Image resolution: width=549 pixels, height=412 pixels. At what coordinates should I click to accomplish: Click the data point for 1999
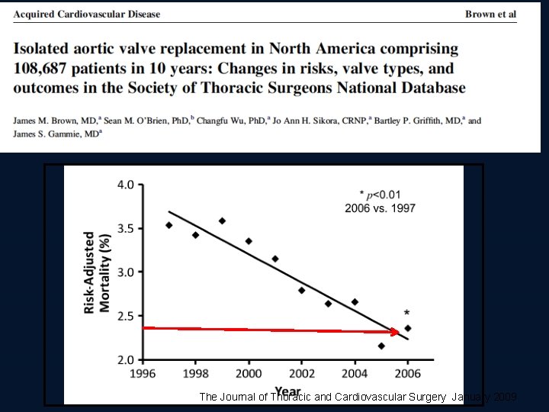pos(222,220)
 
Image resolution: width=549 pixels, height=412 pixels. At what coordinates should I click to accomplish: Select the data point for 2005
pos(381,346)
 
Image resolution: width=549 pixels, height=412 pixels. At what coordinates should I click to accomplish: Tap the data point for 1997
pos(169,225)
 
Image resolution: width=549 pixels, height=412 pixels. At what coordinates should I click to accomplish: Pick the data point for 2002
pos(301,290)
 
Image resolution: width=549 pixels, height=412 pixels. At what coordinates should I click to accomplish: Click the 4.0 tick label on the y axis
pos(124,185)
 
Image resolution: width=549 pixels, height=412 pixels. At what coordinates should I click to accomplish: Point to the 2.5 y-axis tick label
pos(124,316)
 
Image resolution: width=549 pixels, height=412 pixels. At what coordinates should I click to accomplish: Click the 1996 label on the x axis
pos(143,374)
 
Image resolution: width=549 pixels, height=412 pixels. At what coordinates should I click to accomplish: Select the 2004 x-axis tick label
pos(355,374)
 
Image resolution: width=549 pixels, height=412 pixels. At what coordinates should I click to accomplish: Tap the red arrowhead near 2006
pos(394,332)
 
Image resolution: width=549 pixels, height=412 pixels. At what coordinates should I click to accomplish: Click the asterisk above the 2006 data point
pos(407,314)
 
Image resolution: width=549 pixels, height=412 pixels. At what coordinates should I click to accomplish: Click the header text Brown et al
pos(490,14)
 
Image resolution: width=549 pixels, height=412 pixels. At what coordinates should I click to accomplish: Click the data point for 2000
pos(248,241)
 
